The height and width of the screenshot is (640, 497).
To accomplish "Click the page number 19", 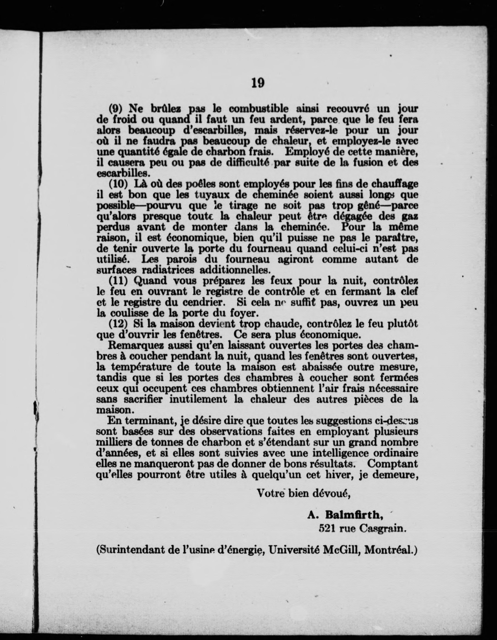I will (x=258, y=83).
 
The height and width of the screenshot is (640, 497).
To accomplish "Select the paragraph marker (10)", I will (x=119, y=184).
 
